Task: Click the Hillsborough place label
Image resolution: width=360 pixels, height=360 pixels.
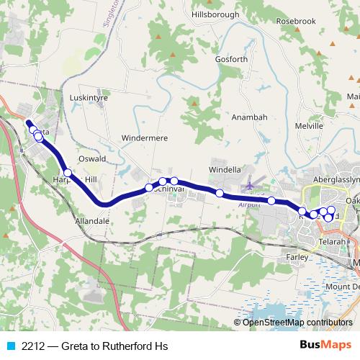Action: (x=215, y=14)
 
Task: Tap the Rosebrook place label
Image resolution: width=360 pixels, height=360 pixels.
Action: (x=296, y=21)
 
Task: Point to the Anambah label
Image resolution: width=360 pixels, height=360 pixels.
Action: (x=250, y=117)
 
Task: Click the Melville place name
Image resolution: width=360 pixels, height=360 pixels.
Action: (x=309, y=125)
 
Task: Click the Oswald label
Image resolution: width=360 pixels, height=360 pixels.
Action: (x=92, y=158)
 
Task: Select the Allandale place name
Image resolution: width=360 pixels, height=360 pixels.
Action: (x=91, y=222)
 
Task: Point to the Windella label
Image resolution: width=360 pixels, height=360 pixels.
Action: (x=225, y=170)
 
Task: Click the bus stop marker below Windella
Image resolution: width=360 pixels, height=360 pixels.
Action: (x=219, y=193)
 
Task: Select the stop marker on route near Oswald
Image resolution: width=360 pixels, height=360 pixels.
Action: (x=68, y=173)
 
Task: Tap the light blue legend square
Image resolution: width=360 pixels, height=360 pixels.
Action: (x=9, y=346)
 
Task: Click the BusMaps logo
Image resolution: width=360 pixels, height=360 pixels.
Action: (x=330, y=346)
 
